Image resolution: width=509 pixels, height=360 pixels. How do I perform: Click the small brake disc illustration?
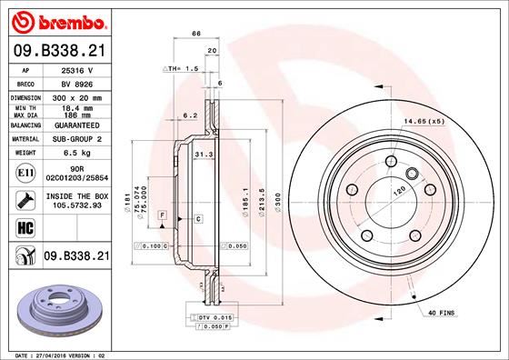(56, 305)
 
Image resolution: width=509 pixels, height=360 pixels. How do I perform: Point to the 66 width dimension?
(195, 35)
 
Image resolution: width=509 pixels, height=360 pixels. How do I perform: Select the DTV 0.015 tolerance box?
(209, 315)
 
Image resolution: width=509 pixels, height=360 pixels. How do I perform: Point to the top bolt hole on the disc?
(390, 162)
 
